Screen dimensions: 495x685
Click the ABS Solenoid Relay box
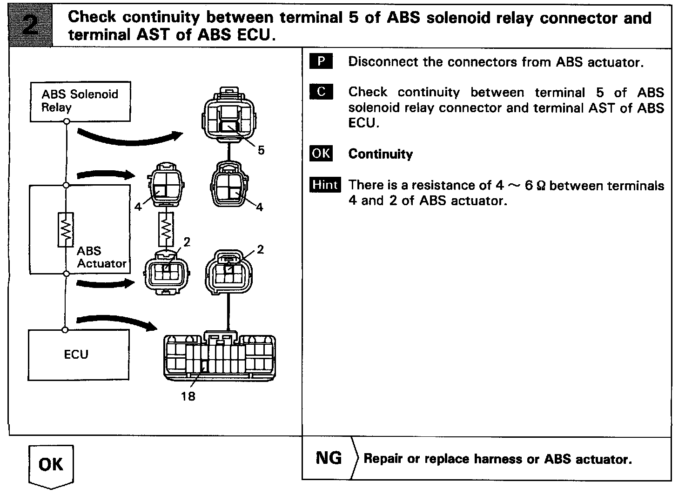(80, 101)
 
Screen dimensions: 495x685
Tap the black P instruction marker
(321, 61)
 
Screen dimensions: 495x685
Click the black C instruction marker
(321, 92)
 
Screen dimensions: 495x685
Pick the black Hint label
(325, 185)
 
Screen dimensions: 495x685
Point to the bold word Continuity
(380, 154)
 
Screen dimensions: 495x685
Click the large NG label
(329, 458)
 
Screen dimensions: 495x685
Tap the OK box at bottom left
(51, 465)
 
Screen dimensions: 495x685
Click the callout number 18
(188, 397)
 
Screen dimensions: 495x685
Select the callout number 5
(261, 150)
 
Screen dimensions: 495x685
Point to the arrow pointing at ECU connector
(116, 322)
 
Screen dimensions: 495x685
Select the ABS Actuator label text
(101, 257)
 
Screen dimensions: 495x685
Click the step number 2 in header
(31, 25)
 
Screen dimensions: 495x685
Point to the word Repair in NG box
(383, 459)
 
